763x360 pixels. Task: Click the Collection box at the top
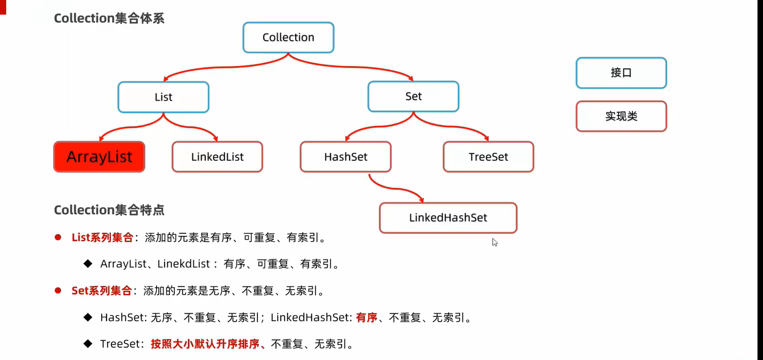tap(288, 37)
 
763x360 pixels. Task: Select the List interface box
tap(163, 97)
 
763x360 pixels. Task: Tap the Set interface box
tap(413, 96)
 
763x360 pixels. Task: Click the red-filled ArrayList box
tap(99, 157)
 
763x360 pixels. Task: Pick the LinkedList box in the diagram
tap(217, 157)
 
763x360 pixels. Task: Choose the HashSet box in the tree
tap(345, 157)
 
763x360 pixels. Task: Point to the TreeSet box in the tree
tap(488, 157)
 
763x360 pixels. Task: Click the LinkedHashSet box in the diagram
tap(448, 218)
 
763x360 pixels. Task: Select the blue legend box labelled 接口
tap(621, 73)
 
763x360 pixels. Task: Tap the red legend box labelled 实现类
tap(621, 116)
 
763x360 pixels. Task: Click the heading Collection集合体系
tap(109, 18)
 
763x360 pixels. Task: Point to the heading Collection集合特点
tap(109, 210)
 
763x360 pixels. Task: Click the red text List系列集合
tap(102, 238)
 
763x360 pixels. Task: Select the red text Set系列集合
tap(101, 291)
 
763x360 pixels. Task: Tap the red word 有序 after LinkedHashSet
tap(367, 318)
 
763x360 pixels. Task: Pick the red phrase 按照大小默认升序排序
tap(208, 344)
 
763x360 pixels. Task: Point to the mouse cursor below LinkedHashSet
tap(494, 242)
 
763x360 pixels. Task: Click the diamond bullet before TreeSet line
tap(88, 343)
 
